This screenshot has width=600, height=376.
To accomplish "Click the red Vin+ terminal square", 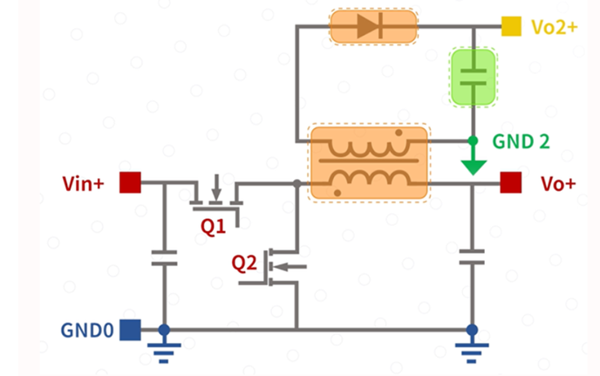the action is point(130,182).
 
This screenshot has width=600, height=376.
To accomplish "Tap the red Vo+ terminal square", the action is point(510,182).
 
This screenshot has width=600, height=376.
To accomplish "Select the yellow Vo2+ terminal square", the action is point(511,26).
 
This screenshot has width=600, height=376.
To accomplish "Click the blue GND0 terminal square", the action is point(130,330).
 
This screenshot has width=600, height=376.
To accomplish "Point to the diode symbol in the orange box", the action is point(371,26).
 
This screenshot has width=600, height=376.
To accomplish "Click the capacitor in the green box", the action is point(474,77).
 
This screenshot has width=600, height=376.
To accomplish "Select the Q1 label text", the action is point(213,227).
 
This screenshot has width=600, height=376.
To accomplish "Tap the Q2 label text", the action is point(244,263).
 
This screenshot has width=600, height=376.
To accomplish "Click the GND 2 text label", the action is point(521,141).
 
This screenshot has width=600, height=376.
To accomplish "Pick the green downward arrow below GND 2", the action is point(474,161).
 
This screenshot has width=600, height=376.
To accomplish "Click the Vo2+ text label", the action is point(555,27).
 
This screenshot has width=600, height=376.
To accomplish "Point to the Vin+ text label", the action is point(83,183).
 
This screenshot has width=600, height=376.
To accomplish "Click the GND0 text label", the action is point(87,330).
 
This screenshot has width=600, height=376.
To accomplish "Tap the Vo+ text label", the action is point(558,183).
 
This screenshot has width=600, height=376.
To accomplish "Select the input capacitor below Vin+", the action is point(164,257).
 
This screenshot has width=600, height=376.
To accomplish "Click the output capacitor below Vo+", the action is point(472,257).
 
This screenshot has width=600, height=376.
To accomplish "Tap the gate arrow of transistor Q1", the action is point(216,188).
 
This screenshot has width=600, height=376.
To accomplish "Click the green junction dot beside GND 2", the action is point(473,141).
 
